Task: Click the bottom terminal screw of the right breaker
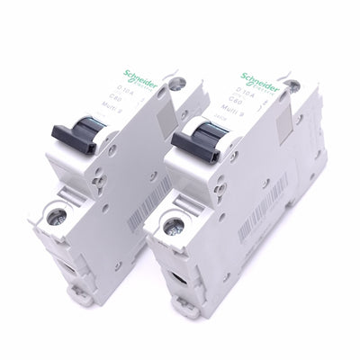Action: [x=180, y=228]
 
